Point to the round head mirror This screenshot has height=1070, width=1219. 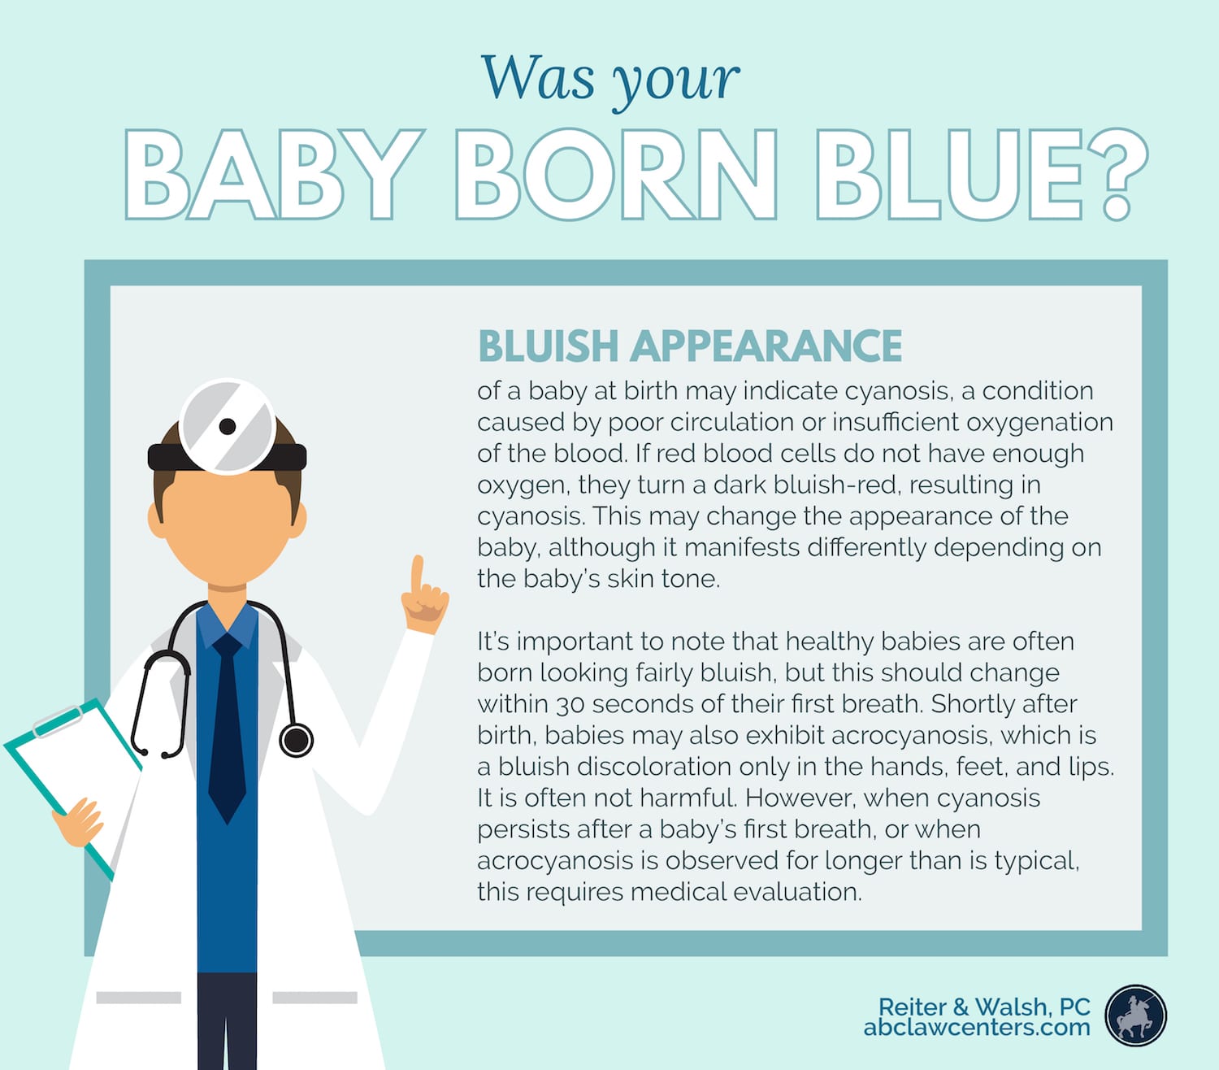coord(228,426)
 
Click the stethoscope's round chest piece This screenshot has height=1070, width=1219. coord(296,740)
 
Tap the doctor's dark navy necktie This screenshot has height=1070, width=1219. coord(227,728)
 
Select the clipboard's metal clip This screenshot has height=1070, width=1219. coord(58,722)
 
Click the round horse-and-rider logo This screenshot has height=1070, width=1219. coord(1135,1016)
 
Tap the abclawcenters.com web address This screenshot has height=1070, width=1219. coord(977,1027)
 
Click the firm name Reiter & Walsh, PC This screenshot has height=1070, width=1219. coord(984,1006)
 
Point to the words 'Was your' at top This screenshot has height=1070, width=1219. coord(610,81)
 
